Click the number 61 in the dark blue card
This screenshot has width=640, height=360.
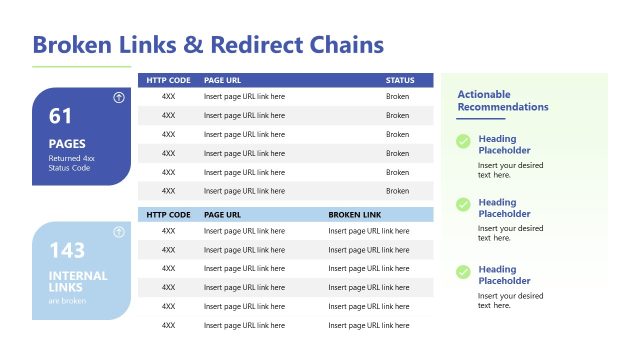coord(59,116)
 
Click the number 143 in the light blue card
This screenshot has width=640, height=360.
coord(66,250)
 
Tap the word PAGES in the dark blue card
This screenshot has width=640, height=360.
coord(66,144)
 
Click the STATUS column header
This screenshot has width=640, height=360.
coord(400,80)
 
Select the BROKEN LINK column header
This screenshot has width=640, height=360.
coord(355,214)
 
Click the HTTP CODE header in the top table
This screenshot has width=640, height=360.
coord(168,80)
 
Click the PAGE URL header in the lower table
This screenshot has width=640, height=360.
coord(222,214)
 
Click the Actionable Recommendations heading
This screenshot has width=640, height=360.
coord(502,100)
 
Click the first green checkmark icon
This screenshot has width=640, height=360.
coord(463,142)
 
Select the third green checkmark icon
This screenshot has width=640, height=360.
coord(463,272)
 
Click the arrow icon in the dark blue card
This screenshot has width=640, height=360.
coord(119,98)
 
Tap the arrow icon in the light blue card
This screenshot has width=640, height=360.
coord(119,232)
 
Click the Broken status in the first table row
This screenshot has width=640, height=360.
coord(397,97)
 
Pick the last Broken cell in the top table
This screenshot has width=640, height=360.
coord(397,191)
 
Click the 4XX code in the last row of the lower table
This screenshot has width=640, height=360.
coord(168,325)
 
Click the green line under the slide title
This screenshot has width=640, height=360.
coord(82,67)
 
